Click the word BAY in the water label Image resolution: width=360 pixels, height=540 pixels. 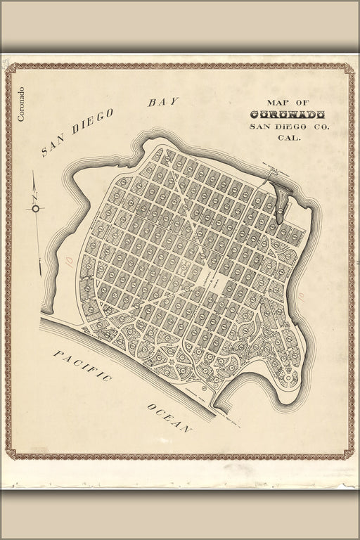(x=163, y=102)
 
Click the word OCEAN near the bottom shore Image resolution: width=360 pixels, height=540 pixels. (x=169, y=418)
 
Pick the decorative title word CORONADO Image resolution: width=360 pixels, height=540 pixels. (x=287, y=115)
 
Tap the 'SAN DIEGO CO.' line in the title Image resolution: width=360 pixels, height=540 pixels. (x=288, y=127)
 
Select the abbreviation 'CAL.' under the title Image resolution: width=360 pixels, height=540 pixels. (x=289, y=139)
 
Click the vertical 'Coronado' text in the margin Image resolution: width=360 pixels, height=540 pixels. (x=21, y=104)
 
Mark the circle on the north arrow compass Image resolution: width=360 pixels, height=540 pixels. (x=35, y=208)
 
